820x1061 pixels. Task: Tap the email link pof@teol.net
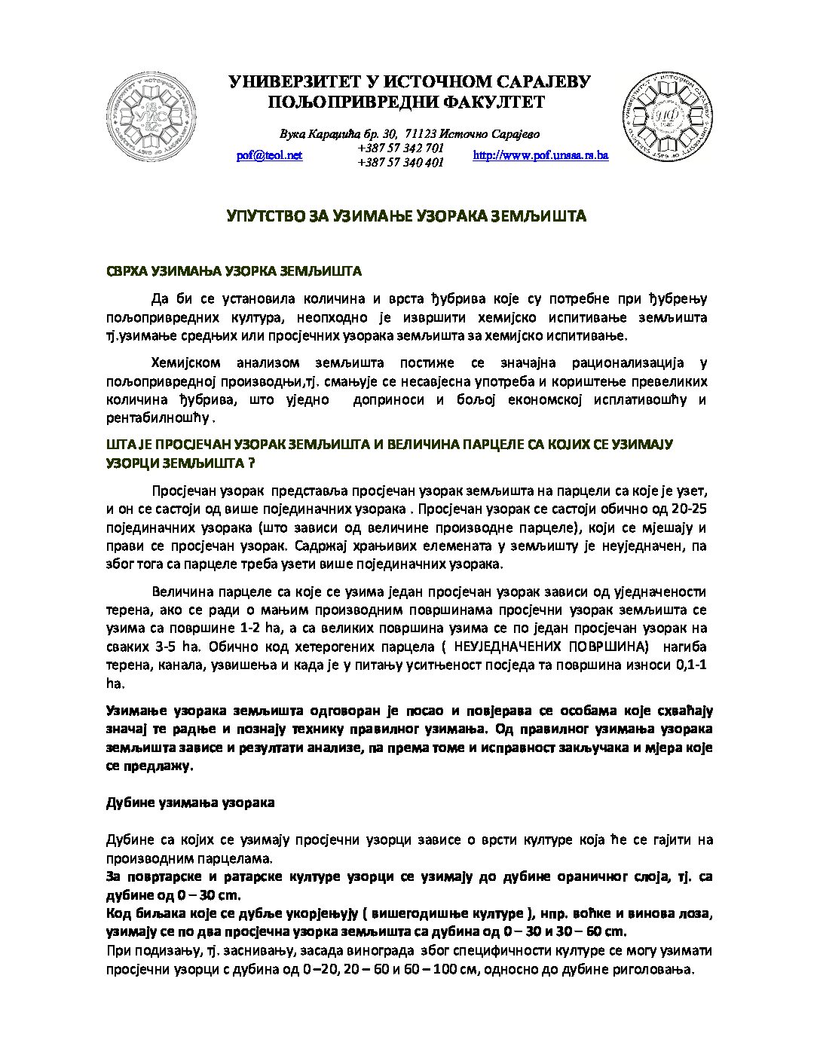[269, 155]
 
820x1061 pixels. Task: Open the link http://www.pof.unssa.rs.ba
[540, 155]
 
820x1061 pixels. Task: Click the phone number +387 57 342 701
[400, 148]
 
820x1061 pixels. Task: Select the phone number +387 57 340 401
[400, 162]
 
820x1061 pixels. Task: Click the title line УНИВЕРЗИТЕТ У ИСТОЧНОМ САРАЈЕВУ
[409, 83]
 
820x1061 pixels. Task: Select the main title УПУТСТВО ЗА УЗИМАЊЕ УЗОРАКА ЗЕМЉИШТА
[407, 217]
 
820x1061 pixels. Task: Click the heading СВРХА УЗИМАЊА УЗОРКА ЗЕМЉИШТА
[234, 271]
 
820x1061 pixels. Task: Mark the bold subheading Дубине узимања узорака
[190, 803]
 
